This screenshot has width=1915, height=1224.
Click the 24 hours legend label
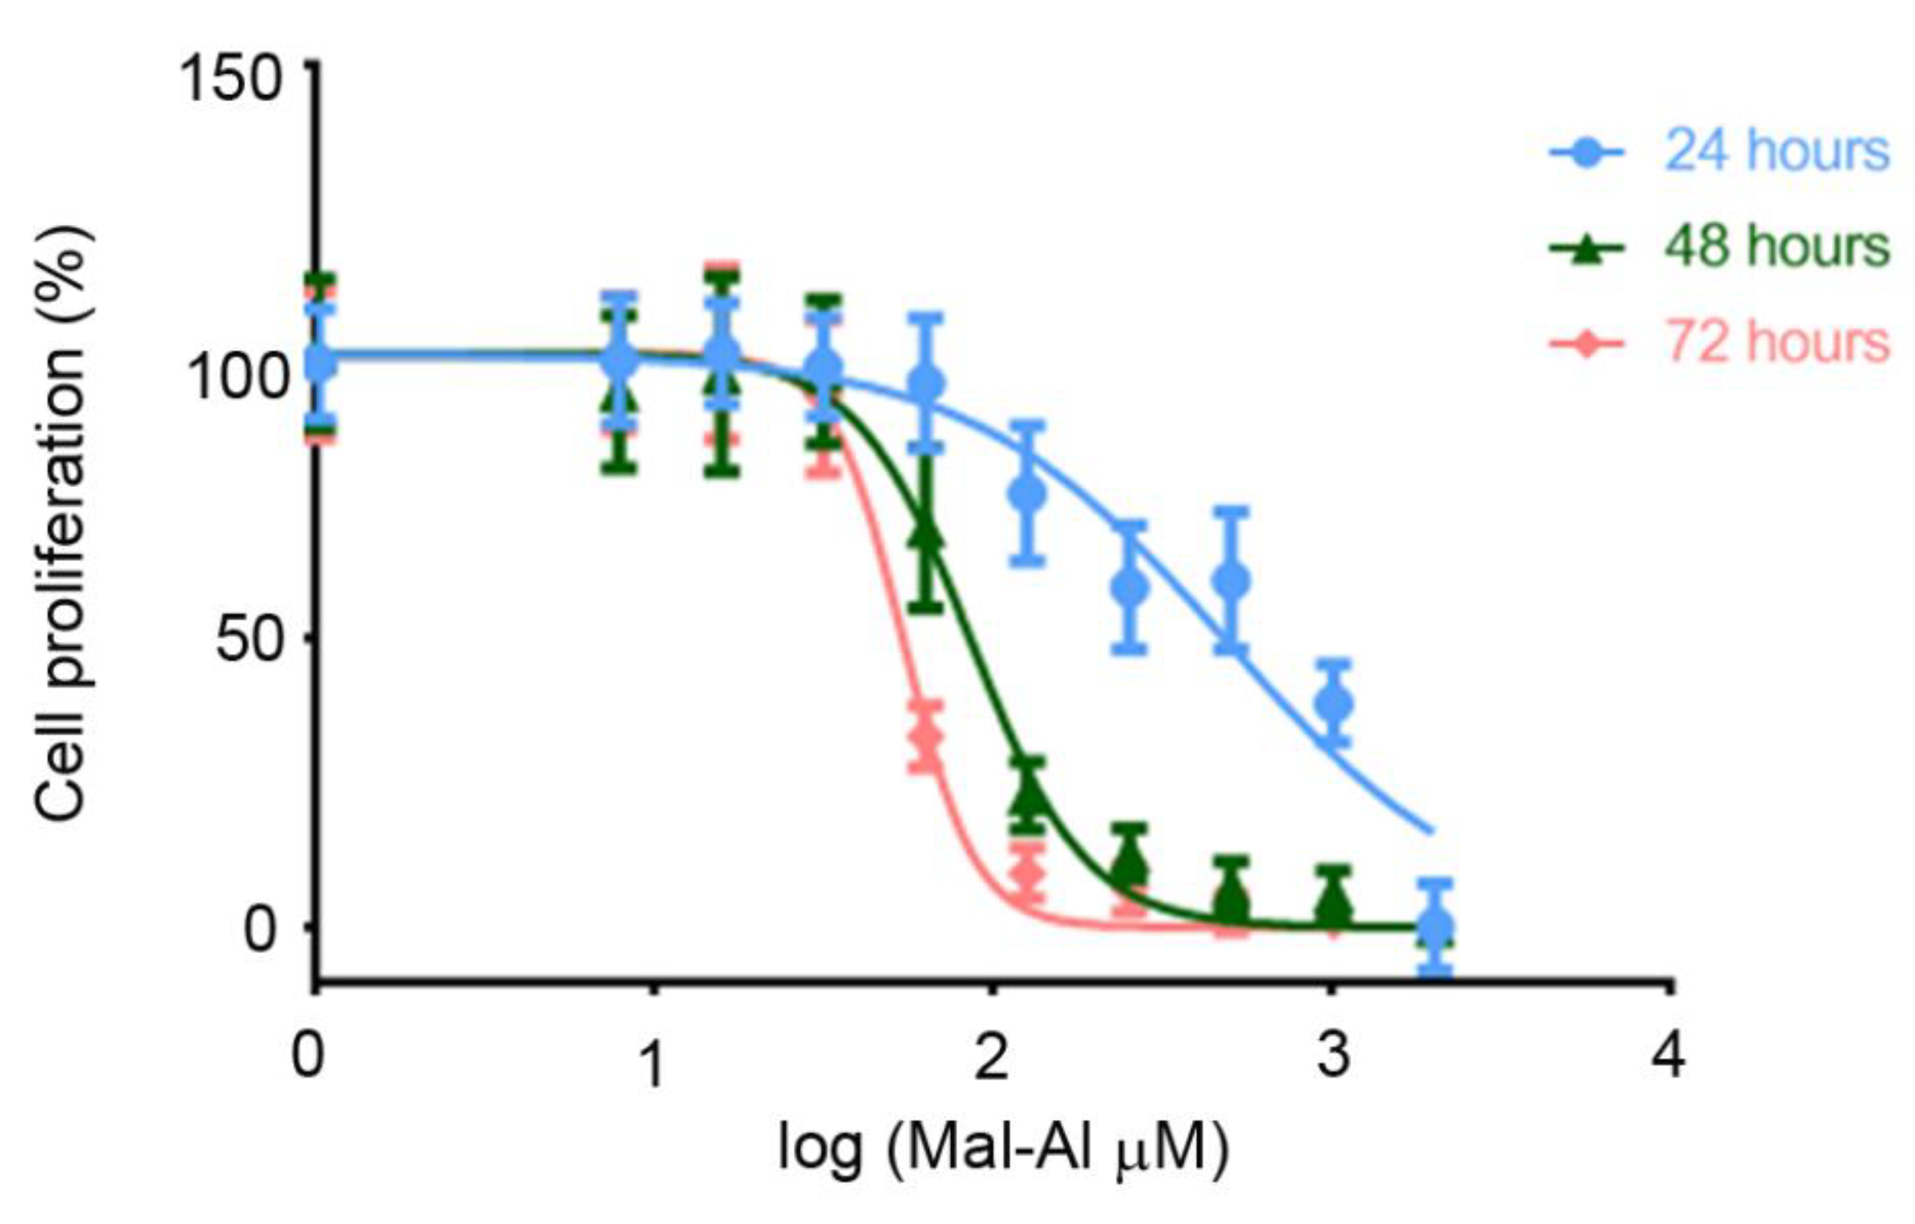1777,151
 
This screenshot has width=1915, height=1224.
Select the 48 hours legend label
1777,247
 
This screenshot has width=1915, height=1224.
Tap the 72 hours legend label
1777,343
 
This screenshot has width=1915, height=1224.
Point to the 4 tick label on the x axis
1668,1058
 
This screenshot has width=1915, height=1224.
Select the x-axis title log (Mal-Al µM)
1003,1148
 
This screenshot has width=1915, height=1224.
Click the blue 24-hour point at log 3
1335,703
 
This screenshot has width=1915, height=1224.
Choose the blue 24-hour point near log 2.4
1129,587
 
